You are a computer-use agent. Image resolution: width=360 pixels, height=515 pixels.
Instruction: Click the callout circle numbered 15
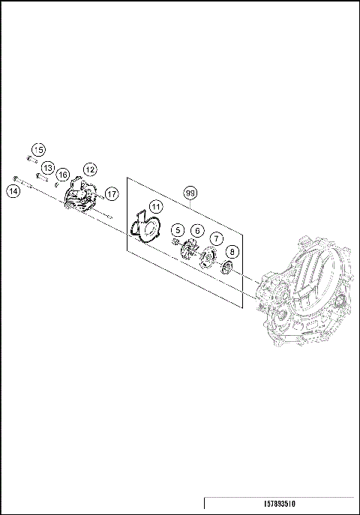[38, 150]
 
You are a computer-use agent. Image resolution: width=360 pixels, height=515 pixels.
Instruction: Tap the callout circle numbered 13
[47, 168]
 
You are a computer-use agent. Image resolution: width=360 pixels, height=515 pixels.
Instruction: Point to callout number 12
[89, 169]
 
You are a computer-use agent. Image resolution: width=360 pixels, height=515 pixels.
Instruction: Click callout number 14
[13, 191]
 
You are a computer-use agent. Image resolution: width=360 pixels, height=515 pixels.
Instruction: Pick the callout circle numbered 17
[111, 193]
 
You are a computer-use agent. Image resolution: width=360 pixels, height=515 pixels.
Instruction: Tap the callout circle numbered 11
[154, 206]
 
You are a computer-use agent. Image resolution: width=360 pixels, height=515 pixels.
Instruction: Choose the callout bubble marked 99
[190, 193]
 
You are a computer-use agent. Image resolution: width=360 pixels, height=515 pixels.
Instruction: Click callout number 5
[177, 229]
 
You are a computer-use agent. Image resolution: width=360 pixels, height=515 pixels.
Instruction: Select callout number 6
[196, 231]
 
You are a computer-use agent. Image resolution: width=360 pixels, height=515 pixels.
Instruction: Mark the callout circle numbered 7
[215, 238]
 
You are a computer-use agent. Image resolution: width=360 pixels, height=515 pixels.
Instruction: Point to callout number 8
[232, 252]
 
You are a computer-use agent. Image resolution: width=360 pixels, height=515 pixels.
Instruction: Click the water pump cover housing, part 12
[81, 196]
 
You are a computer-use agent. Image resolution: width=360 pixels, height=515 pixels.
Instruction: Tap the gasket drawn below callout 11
[144, 229]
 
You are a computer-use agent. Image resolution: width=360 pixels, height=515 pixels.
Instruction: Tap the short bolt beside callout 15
[31, 159]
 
